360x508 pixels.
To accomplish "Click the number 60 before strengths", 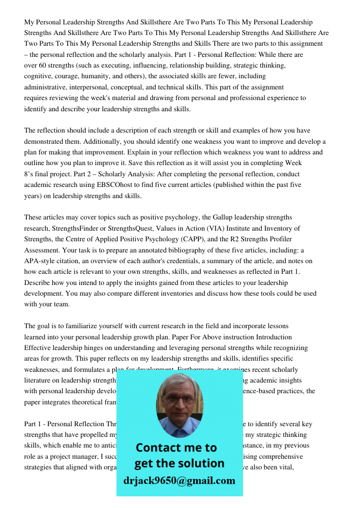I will [43, 66].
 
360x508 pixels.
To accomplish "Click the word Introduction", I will [274, 337].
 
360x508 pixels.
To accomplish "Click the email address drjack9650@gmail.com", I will [179, 480].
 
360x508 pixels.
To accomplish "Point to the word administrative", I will [50, 87].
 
